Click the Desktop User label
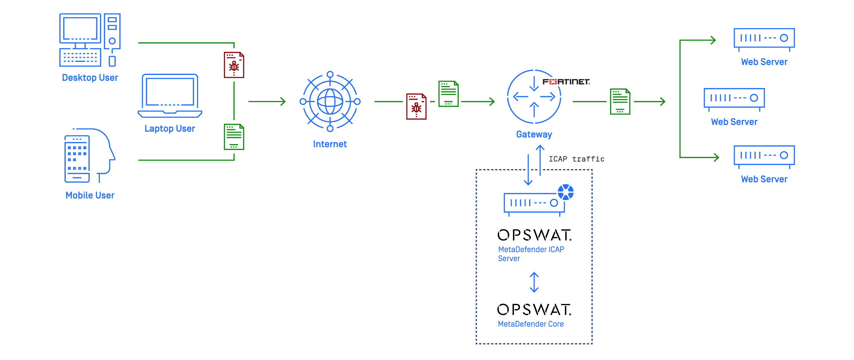point(90,78)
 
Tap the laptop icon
point(170,96)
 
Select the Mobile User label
point(90,195)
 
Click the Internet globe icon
point(330,101)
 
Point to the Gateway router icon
point(534,97)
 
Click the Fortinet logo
point(566,82)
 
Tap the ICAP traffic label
point(576,159)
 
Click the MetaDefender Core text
point(531,324)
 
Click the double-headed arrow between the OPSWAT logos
point(534,282)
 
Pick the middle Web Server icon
point(734,99)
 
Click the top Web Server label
point(764,62)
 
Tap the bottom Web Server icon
point(764,156)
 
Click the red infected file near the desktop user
point(234,65)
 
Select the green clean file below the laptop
point(234,137)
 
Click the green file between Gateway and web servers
point(620,101)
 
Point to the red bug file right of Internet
point(416,106)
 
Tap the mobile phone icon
point(77,159)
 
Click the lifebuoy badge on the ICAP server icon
point(565,192)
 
